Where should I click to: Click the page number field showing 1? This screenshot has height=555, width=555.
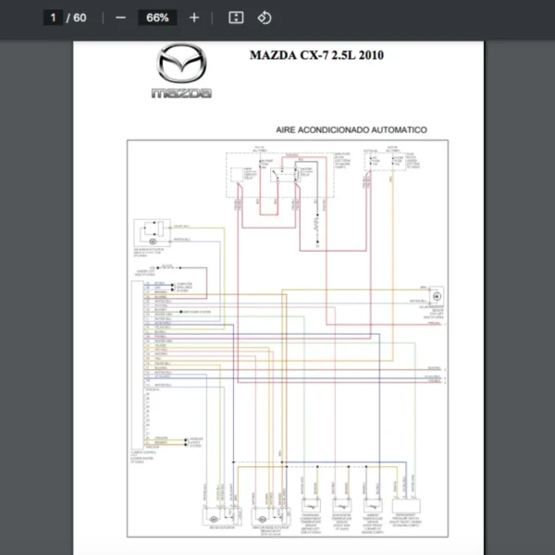coord(53,18)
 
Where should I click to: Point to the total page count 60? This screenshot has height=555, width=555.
coord(80,18)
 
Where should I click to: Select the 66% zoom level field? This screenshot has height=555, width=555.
coord(157,18)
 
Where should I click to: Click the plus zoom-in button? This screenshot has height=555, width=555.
coord(193,18)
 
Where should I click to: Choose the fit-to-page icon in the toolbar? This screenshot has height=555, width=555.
coord(236,18)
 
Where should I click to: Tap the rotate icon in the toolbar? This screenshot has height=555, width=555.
coord(264,18)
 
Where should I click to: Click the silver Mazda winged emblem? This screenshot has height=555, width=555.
coord(181,67)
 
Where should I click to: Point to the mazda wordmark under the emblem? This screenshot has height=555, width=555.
coord(181,92)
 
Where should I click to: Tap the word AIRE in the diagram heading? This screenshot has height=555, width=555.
coord(288,130)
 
